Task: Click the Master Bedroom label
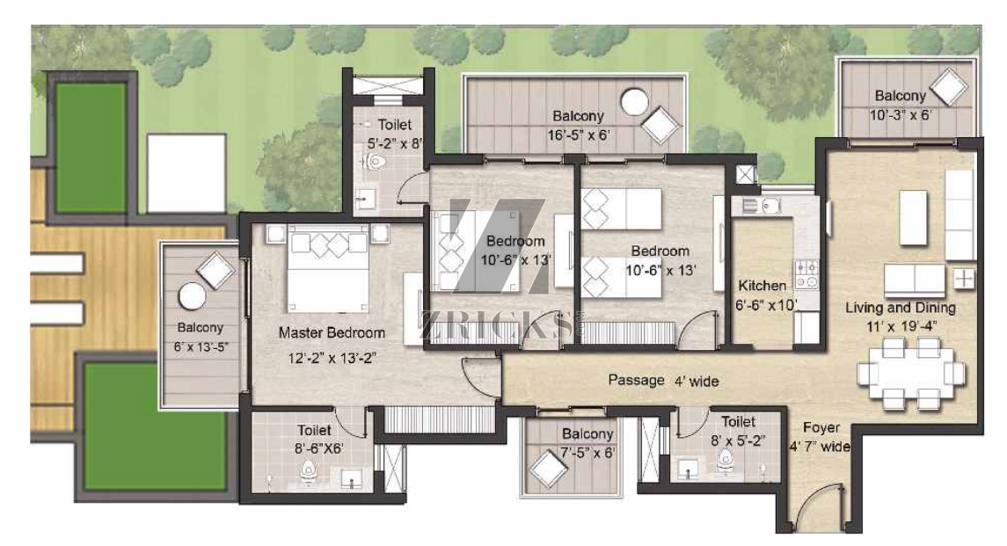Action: pos(332,332)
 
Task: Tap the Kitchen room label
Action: pos(763,285)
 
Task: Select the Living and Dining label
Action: pos(901,308)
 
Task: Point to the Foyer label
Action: pos(821,427)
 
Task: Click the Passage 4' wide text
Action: pos(663,381)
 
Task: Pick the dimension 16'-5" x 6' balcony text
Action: pos(579,135)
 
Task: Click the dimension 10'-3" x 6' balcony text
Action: pos(901,115)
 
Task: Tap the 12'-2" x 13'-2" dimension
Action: pos(332,358)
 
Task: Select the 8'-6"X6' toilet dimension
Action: pos(318,448)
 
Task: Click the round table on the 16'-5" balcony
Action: pos(634,102)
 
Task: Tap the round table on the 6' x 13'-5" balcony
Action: pos(192,297)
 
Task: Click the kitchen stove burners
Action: pos(807,273)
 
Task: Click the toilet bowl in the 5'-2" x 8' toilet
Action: pos(375,161)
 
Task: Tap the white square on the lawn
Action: pos(186,173)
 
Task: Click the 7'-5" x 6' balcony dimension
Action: pos(587,453)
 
